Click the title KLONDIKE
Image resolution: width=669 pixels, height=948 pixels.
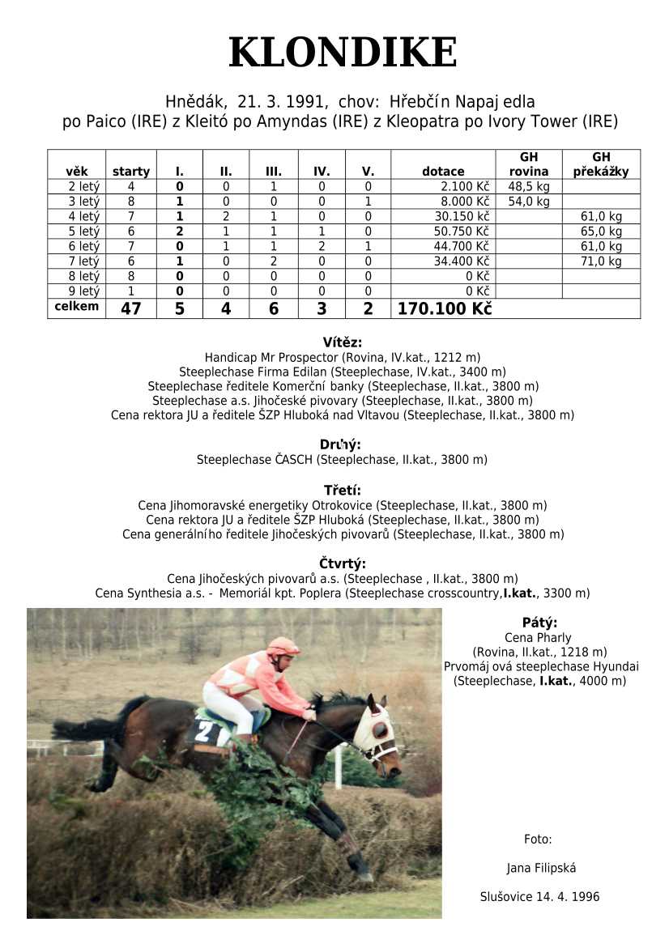[x=343, y=53]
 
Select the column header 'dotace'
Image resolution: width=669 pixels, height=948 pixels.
[x=443, y=172]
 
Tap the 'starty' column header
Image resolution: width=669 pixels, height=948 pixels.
[x=131, y=172]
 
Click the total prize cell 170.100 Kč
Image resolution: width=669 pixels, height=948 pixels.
[x=444, y=308]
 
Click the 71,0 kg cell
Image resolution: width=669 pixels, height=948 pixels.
[x=601, y=261]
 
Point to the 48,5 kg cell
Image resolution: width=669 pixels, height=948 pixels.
[x=528, y=186]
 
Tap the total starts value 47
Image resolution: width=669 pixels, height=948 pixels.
[x=130, y=308]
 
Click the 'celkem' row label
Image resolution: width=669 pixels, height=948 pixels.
[x=76, y=306]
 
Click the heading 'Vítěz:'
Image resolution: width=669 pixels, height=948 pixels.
[x=342, y=342]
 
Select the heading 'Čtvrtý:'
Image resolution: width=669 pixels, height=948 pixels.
[x=343, y=564]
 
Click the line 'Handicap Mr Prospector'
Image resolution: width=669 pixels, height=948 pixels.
[x=343, y=357]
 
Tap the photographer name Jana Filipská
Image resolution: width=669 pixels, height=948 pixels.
[x=540, y=869]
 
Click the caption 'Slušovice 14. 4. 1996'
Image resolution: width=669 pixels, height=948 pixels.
[x=539, y=897]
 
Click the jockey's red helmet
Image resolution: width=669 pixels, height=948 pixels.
[x=282, y=646]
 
